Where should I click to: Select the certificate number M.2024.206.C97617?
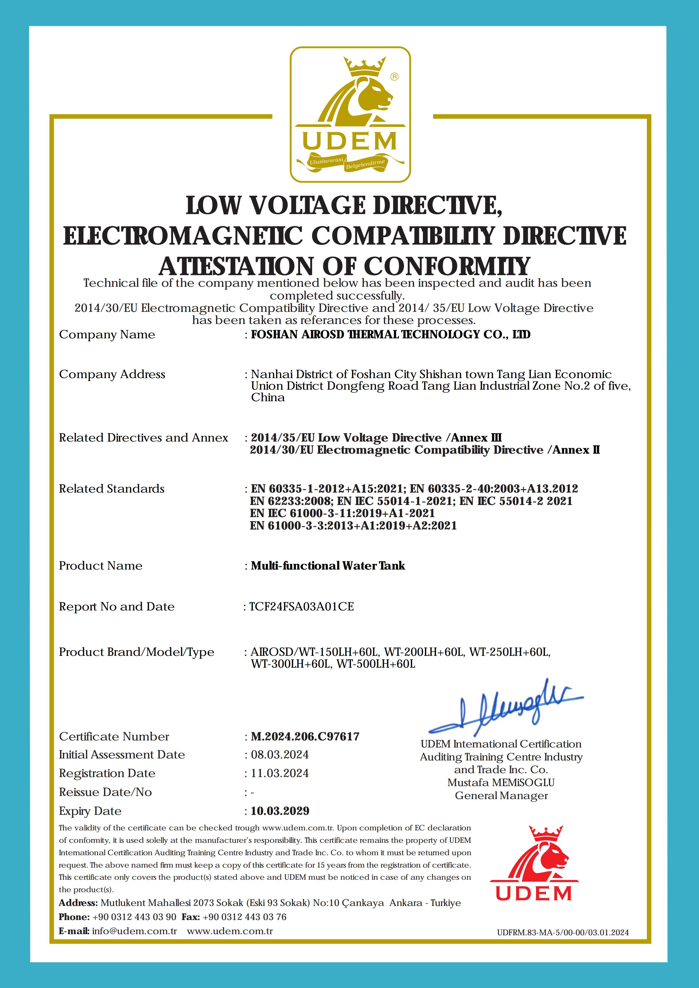tap(305, 737)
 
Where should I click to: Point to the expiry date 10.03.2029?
tap(280, 811)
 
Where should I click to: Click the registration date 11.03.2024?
tap(280, 773)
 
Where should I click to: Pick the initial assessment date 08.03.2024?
tap(280, 755)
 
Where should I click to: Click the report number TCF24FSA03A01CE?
tap(302, 607)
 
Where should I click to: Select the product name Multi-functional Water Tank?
tap(328, 566)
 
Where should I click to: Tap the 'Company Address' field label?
tap(112, 374)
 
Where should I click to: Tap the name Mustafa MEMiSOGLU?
tap(501, 782)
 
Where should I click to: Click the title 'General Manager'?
tap(501, 796)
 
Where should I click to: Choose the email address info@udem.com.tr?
tap(134, 931)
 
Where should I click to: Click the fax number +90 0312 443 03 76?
tap(244, 917)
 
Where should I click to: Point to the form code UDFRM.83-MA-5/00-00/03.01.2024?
tap(563, 932)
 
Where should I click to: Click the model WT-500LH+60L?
tap(376, 664)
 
